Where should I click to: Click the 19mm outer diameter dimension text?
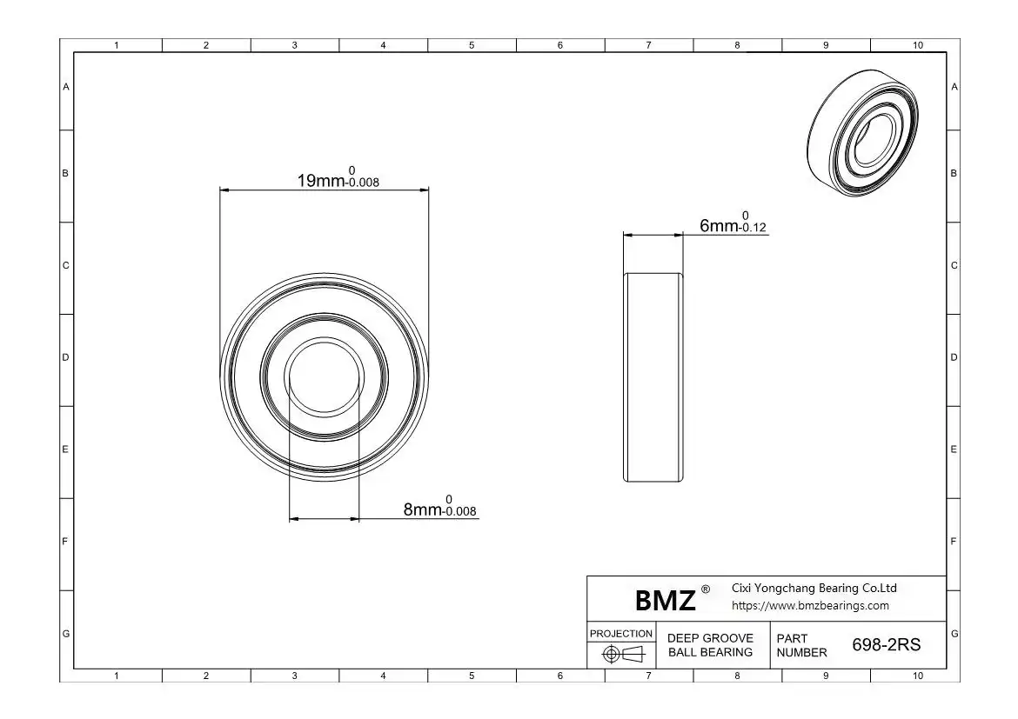click(338, 177)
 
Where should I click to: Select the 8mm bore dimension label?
click(439, 506)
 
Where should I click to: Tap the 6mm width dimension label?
click(733, 222)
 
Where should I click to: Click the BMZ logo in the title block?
click(665, 600)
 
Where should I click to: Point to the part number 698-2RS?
click(887, 644)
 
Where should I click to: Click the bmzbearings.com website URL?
click(810, 605)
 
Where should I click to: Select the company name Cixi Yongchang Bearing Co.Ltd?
click(814, 588)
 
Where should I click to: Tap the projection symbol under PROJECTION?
click(623, 654)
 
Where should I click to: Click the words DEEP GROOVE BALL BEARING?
click(710, 645)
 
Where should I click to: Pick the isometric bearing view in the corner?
click(863, 132)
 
